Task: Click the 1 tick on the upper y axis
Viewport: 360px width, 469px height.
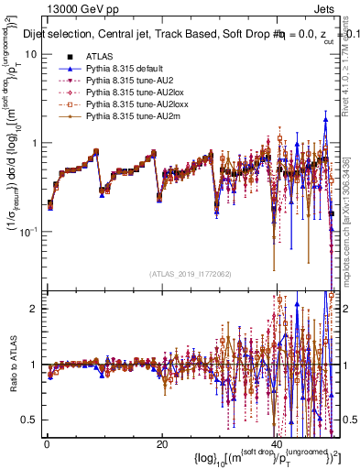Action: point(35,143)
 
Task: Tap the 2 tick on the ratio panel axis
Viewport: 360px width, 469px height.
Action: point(35,309)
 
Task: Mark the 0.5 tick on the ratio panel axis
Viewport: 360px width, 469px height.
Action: point(30,420)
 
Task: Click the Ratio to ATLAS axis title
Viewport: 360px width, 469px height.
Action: point(12,365)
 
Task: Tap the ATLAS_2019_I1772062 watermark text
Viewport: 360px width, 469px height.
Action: point(191,273)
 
